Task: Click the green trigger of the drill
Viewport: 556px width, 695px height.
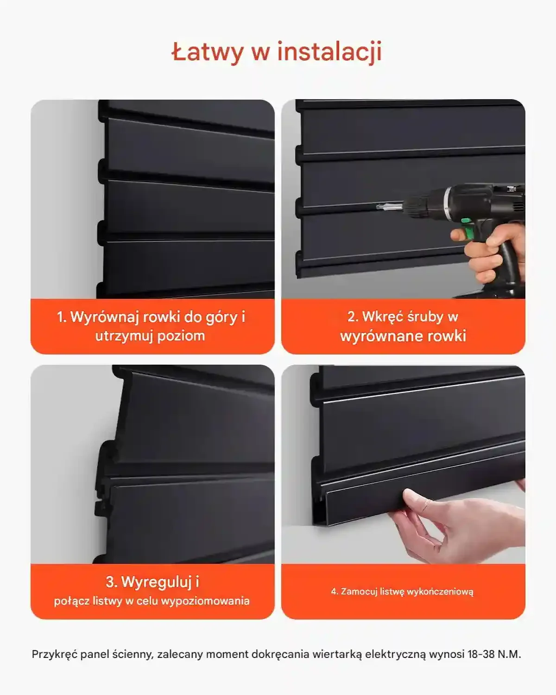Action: click(471, 231)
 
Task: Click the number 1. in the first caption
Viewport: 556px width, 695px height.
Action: click(62, 317)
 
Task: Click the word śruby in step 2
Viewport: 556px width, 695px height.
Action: click(425, 317)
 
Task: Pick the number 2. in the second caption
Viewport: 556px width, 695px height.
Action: click(353, 317)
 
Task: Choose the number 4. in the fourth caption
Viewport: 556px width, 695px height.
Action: click(335, 592)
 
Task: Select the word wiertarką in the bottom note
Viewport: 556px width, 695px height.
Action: click(337, 654)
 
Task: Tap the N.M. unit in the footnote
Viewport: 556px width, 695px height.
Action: click(509, 654)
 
